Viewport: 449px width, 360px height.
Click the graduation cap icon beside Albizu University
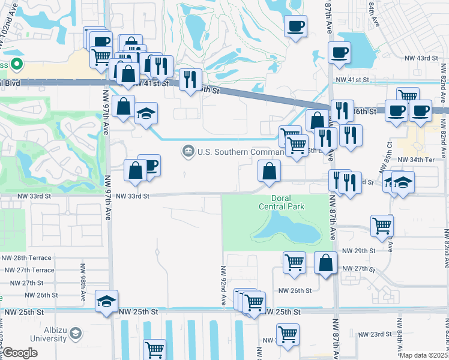coord(75,333)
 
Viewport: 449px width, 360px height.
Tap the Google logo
coord(20,353)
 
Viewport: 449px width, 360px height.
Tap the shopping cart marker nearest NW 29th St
coord(382,226)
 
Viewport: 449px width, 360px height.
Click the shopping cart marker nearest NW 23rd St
coord(288,334)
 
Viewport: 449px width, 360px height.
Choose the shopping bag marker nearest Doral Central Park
coord(269,170)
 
